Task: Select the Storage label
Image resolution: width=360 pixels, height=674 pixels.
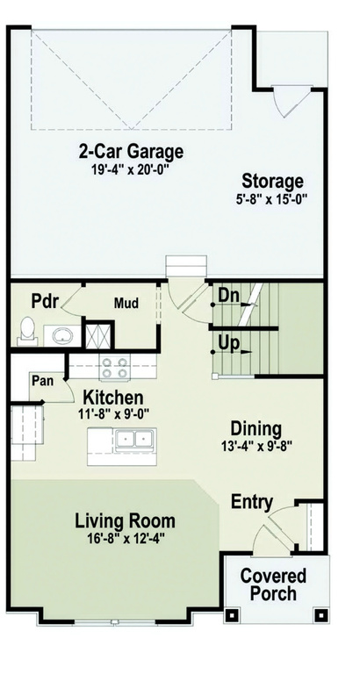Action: point(273,182)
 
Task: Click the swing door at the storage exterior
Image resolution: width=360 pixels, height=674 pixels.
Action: point(287,104)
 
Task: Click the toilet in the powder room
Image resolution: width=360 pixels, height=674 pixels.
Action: point(27,331)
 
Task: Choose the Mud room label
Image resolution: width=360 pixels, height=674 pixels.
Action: point(127,305)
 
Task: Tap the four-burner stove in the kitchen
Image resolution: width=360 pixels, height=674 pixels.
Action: point(112,366)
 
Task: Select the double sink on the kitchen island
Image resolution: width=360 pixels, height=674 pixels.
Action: point(135,438)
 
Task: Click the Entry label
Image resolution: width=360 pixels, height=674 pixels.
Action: point(251,502)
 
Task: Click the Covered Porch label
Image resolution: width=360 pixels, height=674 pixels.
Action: point(274,584)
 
